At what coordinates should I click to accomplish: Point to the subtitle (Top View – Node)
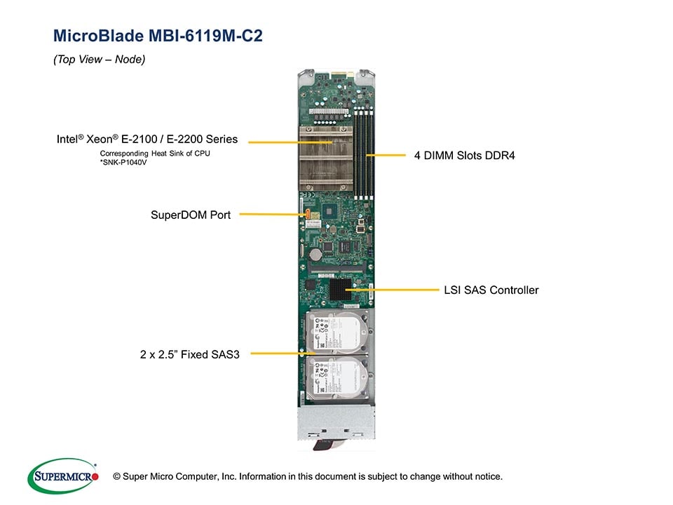pos(99,60)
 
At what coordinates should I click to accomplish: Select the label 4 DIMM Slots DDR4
pos(464,155)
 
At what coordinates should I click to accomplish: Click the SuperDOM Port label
pos(191,214)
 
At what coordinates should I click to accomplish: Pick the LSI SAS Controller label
pos(491,290)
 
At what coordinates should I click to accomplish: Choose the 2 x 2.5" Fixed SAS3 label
pos(190,354)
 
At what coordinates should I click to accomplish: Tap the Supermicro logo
pos(63,476)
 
